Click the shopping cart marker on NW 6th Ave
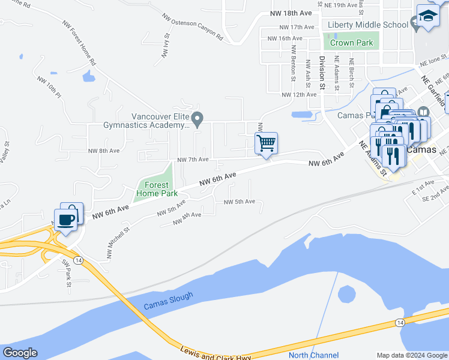coord(266,143)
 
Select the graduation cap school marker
coord(428,16)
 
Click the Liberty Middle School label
coord(368,25)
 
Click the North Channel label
coord(313,355)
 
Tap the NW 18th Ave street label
coord(291,13)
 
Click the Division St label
coord(322,74)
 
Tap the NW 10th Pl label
coord(49,87)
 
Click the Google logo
coord(20,353)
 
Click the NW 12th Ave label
coord(299,95)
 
